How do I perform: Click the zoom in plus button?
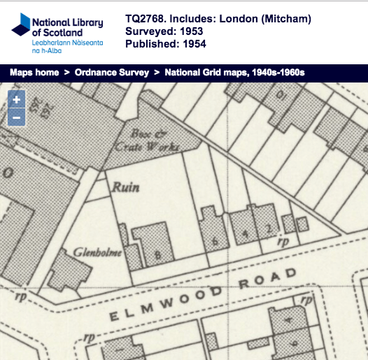click(x=16, y=100)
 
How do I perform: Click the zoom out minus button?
click(x=16, y=117)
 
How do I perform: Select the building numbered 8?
click(x=158, y=254)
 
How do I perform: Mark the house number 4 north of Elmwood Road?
click(x=245, y=232)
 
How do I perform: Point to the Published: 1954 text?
click(x=165, y=45)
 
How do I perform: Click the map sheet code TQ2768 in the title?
click(x=148, y=19)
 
